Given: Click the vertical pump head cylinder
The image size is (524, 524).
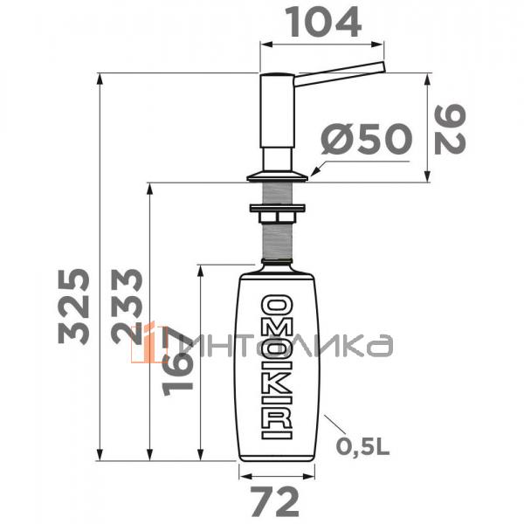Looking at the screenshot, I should click(277, 122).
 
